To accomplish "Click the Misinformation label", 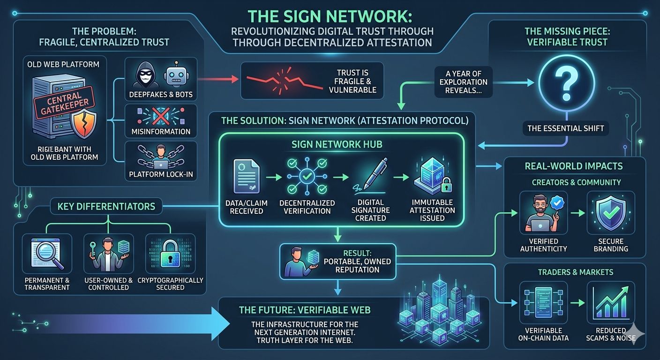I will (160, 132).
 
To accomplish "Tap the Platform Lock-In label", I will (160, 175).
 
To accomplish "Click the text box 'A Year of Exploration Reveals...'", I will (463, 82).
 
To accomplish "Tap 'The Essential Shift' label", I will (567, 128).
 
